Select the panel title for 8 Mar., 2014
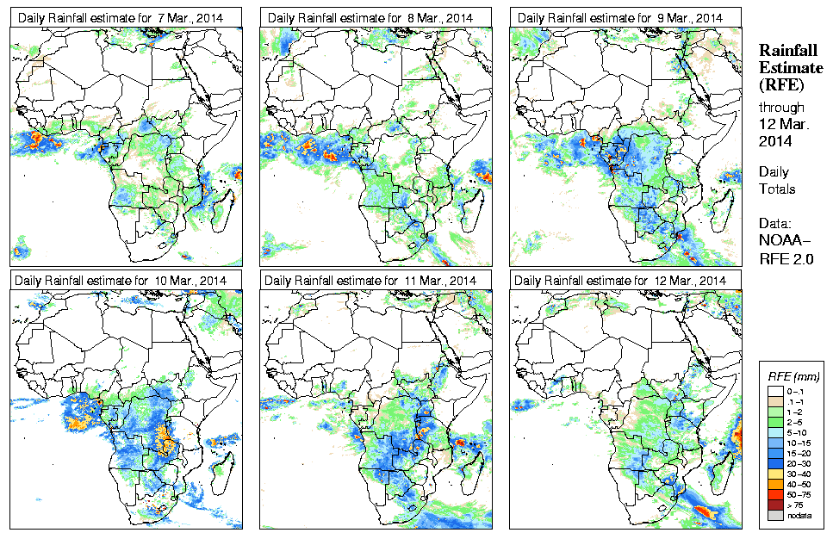click(x=370, y=17)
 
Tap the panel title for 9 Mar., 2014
click(x=619, y=17)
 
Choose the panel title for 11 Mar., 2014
click(x=370, y=281)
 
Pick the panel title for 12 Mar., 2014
click(x=619, y=281)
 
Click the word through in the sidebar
click(x=781, y=108)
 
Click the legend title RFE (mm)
click(x=793, y=376)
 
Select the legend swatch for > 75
click(x=774, y=504)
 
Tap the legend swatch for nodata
click(x=774, y=515)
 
